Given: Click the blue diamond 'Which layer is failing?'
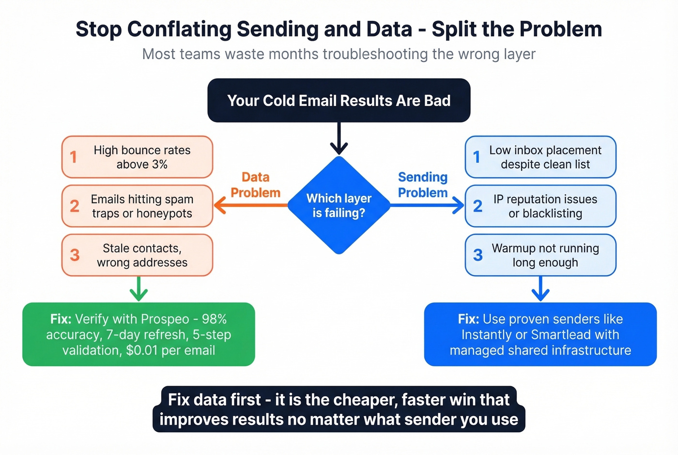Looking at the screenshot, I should coord(339,205).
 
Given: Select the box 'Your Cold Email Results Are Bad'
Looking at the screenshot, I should coord(339,100).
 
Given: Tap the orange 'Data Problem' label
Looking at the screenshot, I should coord(255,185).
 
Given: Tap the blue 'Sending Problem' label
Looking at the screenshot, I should coord(423,185).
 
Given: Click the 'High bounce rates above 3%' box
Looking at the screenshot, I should coord(137,157).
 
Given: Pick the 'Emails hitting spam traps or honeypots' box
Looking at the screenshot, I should coord(137,206).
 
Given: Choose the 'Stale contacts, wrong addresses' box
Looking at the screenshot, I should coord(137,255).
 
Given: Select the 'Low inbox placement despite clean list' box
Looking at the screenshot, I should coord(540,157).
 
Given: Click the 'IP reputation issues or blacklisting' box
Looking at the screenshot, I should coord(540,206).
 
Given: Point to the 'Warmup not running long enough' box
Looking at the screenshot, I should coord(540,255).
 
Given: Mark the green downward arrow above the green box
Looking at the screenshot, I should coord(139,289).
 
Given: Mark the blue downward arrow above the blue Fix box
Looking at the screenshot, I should coord(540,289).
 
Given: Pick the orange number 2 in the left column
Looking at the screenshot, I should coord(75,206).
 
